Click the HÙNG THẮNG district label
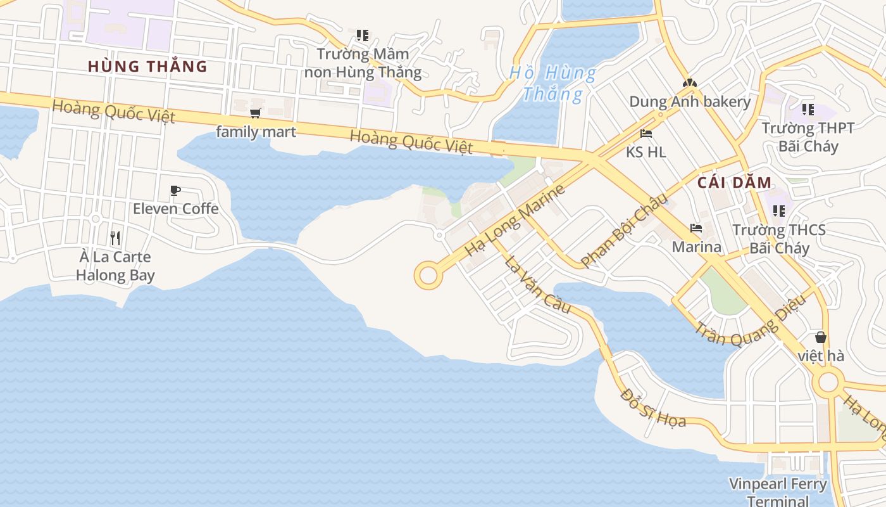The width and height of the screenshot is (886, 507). pos(147,67)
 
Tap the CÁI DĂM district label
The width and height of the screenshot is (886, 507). pos(735,183)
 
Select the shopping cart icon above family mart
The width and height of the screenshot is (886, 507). pos(256,113)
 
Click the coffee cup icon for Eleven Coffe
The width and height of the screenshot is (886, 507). pos(175,190)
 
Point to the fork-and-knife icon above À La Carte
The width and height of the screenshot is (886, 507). pos(115,238)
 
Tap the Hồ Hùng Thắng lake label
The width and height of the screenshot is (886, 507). pos(552,84)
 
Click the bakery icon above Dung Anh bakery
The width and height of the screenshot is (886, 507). pos(689,83)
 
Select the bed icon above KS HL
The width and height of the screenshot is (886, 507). pos(646,134)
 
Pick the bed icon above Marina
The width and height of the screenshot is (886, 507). pos(696,228)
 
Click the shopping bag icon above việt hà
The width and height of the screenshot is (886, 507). pos(821,337)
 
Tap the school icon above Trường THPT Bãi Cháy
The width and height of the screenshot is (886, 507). pos(808,110)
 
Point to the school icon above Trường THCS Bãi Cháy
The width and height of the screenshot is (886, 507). pos(779,210)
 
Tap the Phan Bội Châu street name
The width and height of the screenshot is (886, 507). pos(624,231)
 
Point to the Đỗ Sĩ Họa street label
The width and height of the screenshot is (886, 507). pos(653,409)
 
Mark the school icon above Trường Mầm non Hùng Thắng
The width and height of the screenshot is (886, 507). pos(362,35)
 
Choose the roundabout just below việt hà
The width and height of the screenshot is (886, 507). pos(828,383)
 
